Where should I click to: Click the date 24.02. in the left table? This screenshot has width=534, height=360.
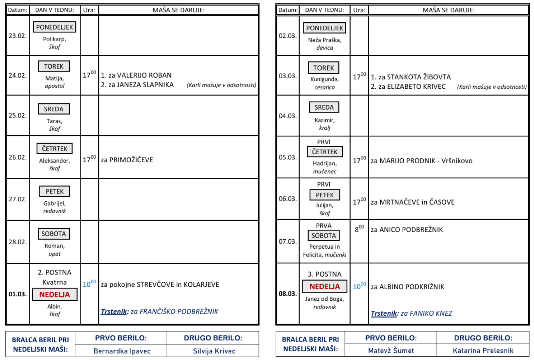click(x=17, y=75)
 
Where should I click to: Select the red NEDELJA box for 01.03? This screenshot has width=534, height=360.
click(x=55, y=294)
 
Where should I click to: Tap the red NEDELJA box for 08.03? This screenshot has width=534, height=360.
click(x=324, y=286)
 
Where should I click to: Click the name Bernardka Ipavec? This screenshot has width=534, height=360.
click(x=122, y=351)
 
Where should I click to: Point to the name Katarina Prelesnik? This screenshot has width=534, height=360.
click(x=483, y=351)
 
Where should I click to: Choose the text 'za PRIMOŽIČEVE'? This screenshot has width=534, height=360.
click(x=127, y=159)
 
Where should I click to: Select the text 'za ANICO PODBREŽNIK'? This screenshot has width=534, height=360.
click(x=407, y=230)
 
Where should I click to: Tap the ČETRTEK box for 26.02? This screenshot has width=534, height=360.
click(x=55, y=149)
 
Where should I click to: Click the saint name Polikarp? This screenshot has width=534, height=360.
click(x=54, y=39)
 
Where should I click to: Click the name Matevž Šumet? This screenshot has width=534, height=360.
click(x=391, y=351)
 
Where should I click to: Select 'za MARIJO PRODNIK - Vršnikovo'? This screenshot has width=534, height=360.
click(x=421, y=161)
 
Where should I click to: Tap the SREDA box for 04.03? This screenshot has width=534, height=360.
click(x=324, y=108)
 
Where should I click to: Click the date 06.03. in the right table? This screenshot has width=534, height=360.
click(x=287, y=198)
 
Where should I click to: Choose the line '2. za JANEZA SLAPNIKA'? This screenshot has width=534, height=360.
click(x=137, y=85)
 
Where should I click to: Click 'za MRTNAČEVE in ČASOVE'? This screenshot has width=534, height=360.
click(x=412, y=202)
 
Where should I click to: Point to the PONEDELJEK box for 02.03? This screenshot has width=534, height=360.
click(x=324, y=28)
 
